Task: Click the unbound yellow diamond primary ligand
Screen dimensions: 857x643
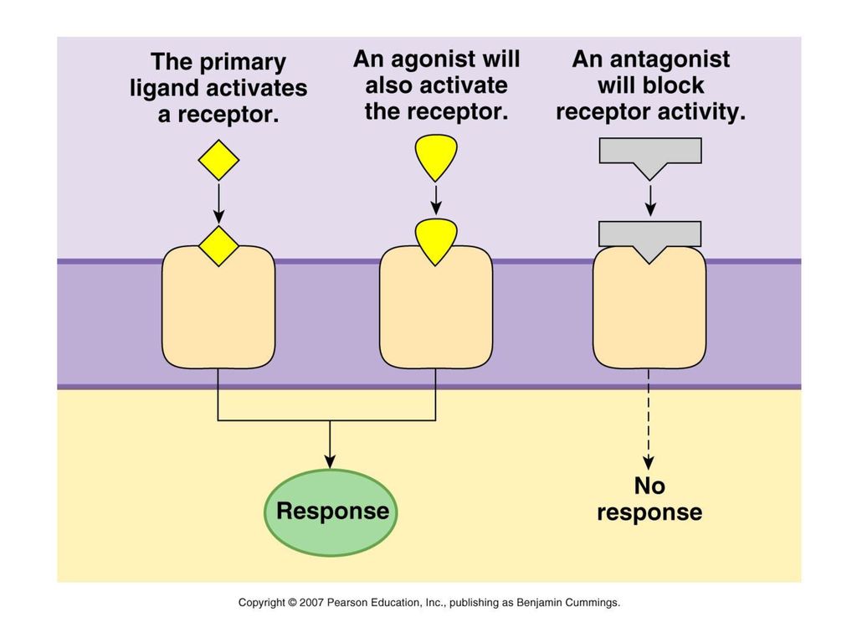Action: point(218,160)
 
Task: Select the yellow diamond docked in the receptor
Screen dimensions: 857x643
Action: point(218,246)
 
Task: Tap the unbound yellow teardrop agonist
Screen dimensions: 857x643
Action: point(435,157)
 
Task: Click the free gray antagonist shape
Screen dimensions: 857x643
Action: point(649,154)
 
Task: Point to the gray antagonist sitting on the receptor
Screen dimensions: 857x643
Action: point(649,238)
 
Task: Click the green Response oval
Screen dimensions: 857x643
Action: point(331,512)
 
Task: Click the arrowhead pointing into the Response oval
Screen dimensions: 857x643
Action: point(330,461)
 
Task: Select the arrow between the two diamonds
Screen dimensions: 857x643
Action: point(218,203)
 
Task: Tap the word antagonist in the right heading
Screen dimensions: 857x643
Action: point(670,59)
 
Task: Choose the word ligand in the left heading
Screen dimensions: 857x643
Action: point(165,89)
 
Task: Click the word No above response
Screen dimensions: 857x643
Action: point(649,486)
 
